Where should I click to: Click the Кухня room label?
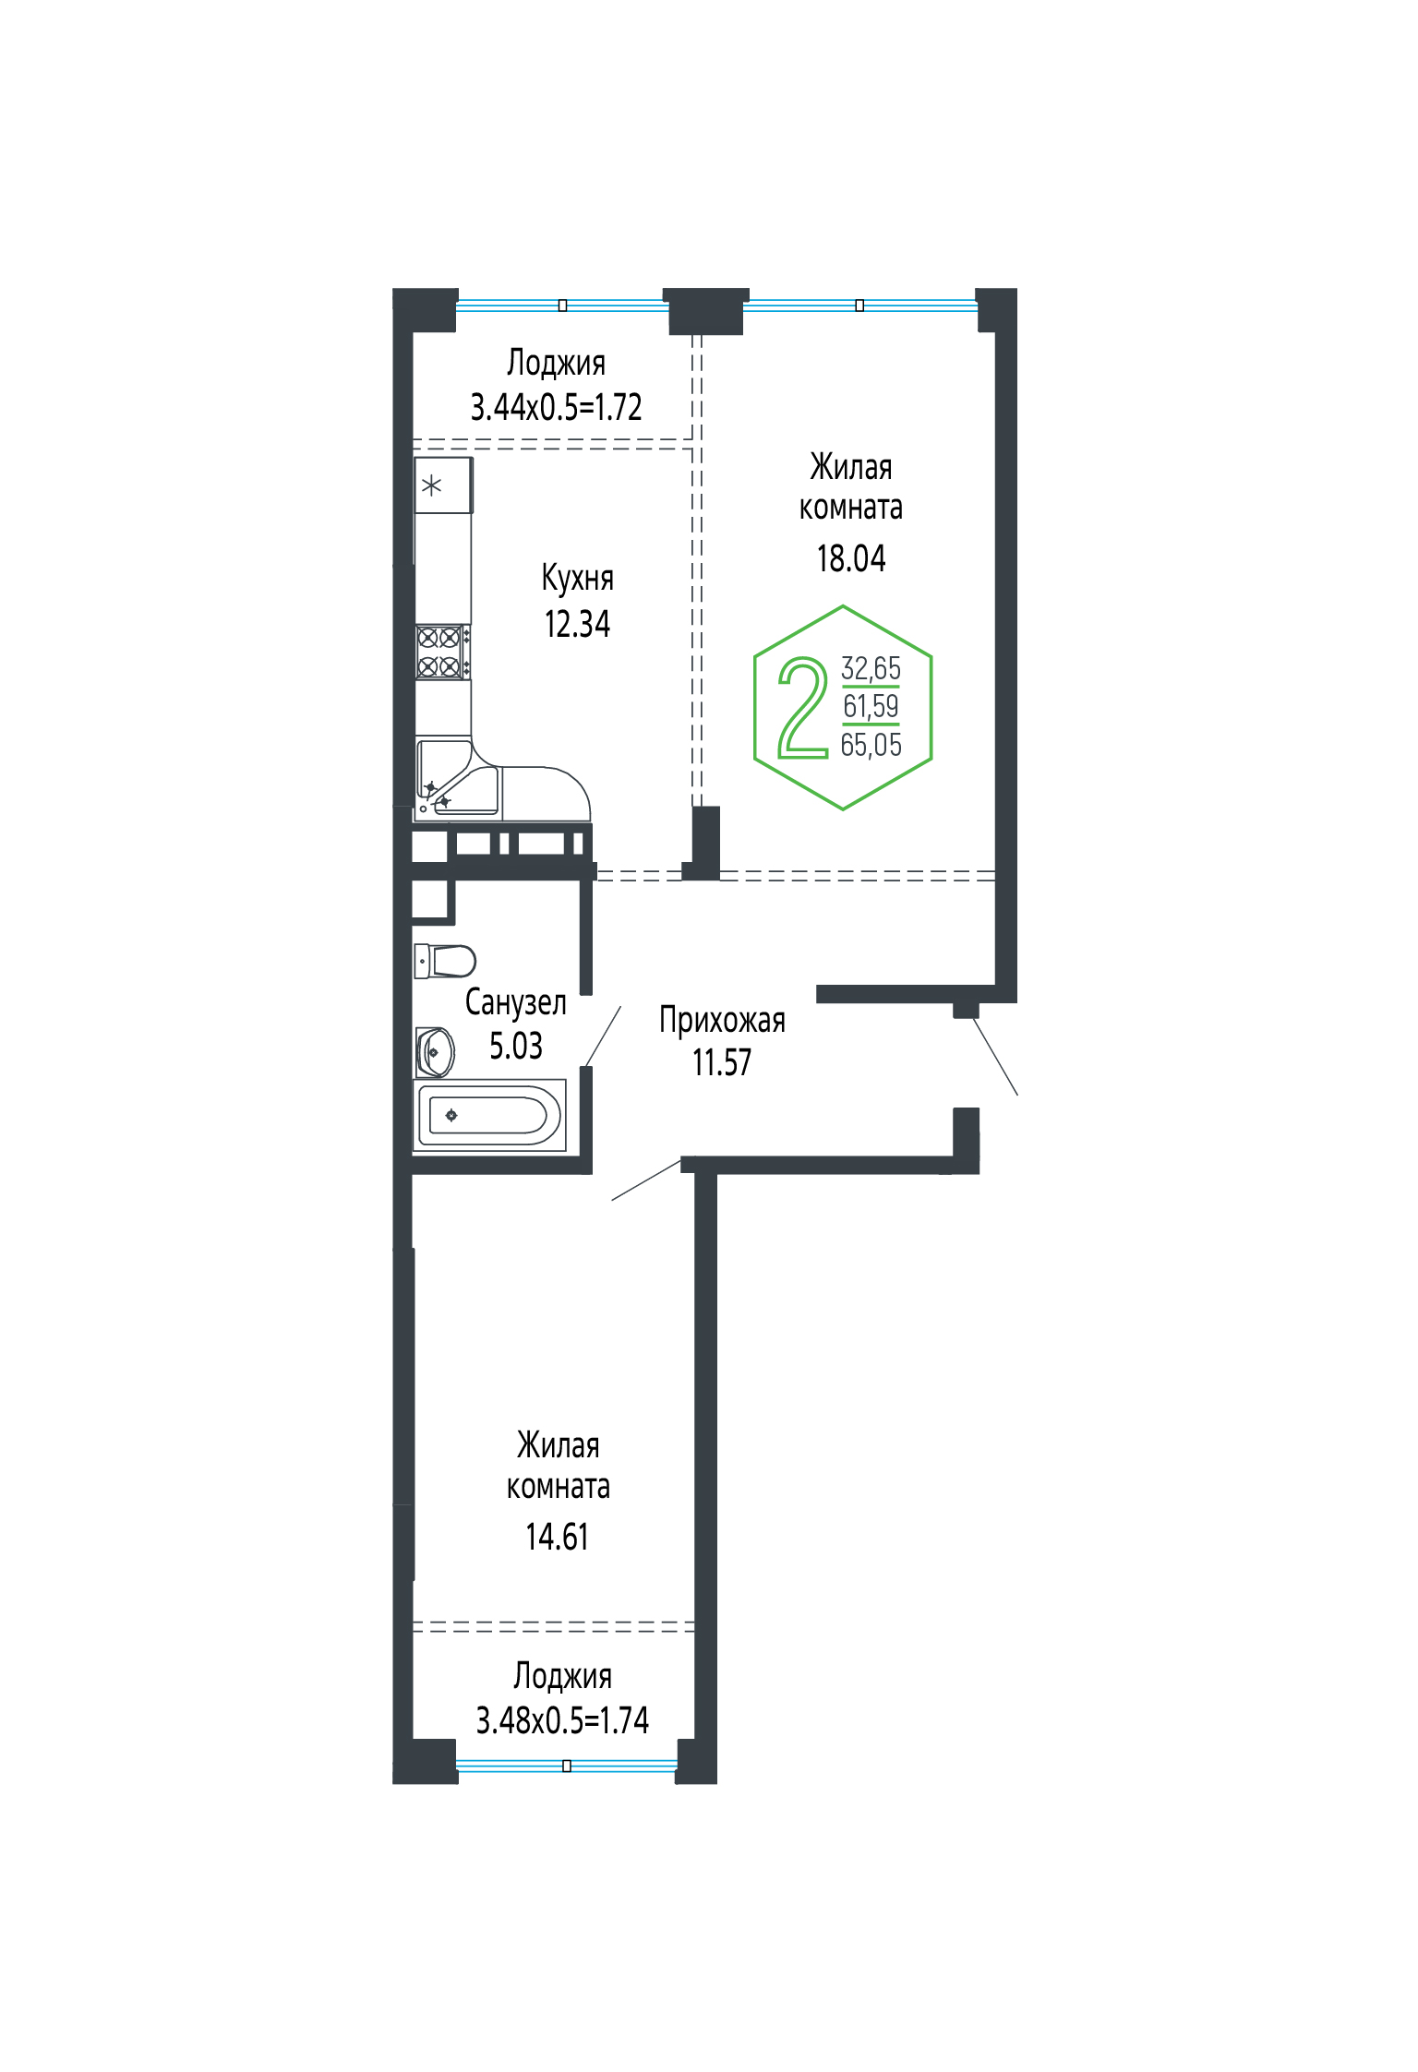click(x=577, y=578)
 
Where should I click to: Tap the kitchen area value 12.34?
click(x=577, y=624)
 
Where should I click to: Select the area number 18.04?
click(x=851, y=558)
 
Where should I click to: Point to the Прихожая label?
click(x=722, y=1021)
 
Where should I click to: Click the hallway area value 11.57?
click(x=722, y=1062)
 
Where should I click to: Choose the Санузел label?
click(x=515, y=1002)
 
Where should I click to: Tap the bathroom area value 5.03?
click(x=515, y=1046)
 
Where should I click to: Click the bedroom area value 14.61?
click(x=557, y=1537)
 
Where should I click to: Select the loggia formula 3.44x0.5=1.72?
click(x=556, y=407)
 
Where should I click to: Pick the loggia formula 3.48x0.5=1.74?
click(x=562, y=1720)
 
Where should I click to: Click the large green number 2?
click(x=803, y=708)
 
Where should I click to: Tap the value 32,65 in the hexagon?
click(x=871, y=668)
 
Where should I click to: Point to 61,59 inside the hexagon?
click(x=871, y=706)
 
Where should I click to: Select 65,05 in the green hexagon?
click(x=871, y=745)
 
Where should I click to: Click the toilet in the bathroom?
click(x=445, y=961)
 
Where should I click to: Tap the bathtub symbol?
click(x=489, y=1115)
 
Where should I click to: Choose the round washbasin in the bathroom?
click(x=435, y=1052)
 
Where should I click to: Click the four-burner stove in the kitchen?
click(x=442, y=652)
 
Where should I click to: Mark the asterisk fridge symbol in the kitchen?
click(x=443, y=485)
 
